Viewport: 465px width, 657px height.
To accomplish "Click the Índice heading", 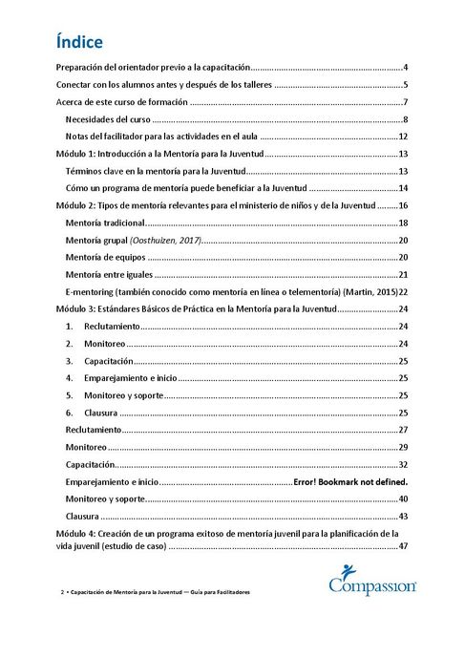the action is pyautogui.click(x=80, y=42).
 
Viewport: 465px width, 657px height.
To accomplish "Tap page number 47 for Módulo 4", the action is pyautogui.click(x=404, y=546).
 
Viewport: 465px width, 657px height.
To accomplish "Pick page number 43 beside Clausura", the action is pyautogui.click(x=404, y=516).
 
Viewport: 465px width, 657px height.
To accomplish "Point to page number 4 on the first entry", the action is pyautogui.click(x=406, y=67).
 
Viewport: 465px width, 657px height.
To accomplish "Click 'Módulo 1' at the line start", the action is pyautogui.click(x=75, y=154).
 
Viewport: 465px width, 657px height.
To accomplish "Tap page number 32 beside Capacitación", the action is pyautogui.click(x=404, y=464).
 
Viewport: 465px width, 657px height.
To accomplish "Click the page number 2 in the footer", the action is pyautogui.click(x=62, y=592).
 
